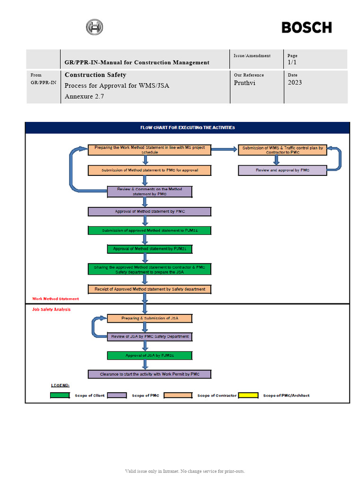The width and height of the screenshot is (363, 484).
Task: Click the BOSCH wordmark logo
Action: (306, 27)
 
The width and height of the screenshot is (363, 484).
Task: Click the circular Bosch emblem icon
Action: (94, 27)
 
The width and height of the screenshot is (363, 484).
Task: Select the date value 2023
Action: (294, 83)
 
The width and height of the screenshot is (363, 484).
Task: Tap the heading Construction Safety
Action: (95, 75)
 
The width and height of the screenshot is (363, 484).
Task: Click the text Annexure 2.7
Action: (84, 97)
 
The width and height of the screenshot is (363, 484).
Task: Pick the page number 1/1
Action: (292, 62)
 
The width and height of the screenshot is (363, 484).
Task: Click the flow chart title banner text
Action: (187, 128)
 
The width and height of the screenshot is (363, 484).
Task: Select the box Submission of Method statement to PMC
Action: (149, 170)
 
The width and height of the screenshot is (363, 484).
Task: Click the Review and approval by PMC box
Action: (282, 170)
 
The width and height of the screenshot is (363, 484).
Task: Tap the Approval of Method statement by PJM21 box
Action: (149, 248)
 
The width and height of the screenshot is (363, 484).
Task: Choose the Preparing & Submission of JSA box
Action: (149, 318)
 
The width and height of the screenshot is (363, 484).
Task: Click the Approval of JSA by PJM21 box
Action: (149, 355)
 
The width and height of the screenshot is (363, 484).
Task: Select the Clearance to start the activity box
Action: (149, 374)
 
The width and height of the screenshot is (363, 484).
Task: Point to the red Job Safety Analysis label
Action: (51, 309)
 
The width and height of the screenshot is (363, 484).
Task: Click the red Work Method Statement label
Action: (55, 299)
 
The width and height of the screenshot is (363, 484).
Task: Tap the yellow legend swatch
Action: (248, 395)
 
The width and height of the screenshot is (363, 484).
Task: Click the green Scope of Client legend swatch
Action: (60, 395)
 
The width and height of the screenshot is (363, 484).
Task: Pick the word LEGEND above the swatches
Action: (60, 385)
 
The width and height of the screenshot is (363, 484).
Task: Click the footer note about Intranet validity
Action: (185, 471)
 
